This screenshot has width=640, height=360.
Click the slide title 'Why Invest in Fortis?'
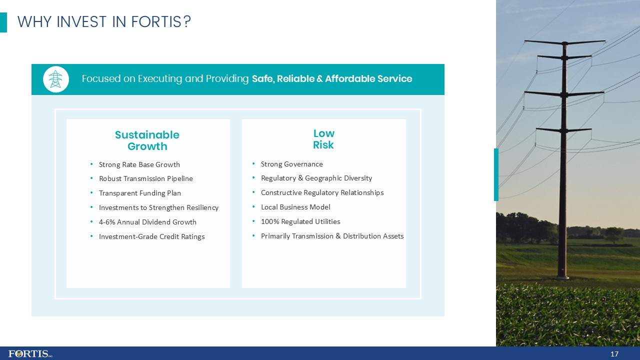point(104,22)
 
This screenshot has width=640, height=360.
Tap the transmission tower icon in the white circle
point(56,79)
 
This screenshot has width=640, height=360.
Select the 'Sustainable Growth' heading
point(147,140)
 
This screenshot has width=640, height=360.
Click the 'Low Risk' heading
point(323,139)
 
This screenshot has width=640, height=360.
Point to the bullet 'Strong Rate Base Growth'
point(139,164)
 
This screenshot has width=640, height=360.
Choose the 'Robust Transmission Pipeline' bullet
point(145,178)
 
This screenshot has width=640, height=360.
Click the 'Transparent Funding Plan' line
point(139,193)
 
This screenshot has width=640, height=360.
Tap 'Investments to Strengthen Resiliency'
point(158,207)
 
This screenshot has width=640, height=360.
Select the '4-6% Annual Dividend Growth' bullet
point(147,222)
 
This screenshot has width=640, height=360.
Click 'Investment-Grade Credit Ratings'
point(151,236)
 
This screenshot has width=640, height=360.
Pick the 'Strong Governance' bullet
point(291,164)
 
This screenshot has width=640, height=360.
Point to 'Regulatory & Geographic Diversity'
point(316,178)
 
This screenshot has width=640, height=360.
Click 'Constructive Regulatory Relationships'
point(322,192)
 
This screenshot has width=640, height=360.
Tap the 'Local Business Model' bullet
point(295,207)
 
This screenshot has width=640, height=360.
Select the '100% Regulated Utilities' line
point(300,221)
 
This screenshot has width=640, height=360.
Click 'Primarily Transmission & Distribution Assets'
point(332,236)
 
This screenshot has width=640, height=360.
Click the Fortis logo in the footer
point(30,353)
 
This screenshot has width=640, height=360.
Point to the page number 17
point(614,354)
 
